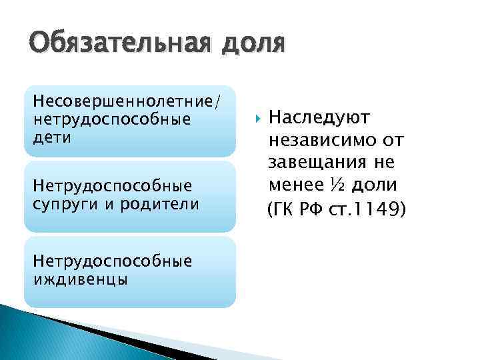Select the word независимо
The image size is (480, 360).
(x=323, y=141)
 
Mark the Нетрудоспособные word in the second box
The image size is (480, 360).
(x=113, y=185)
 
